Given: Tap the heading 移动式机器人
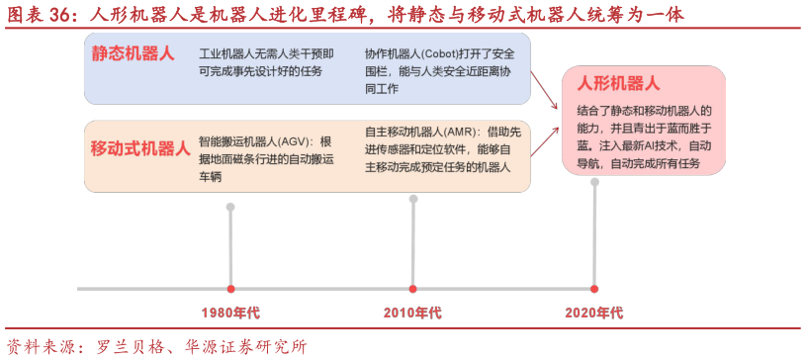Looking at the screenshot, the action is pos(139,148).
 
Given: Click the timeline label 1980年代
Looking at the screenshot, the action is pos(230,314).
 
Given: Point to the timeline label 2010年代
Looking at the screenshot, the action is pos(412,314).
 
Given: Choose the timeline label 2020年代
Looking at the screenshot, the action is pos(594,314).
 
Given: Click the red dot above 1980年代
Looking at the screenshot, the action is pos(230,289).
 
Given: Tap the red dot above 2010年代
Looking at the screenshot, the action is pos(413,289).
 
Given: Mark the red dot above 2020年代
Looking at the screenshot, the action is pos(594,289).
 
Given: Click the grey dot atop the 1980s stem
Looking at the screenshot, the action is pos(230,207).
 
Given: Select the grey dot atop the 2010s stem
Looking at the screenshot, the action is pos(413,199).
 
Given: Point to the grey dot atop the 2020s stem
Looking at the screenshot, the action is pos(594,182).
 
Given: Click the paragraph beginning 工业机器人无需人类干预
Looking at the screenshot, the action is pos(266,61).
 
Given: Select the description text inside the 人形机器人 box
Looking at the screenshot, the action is pos(644,136).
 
